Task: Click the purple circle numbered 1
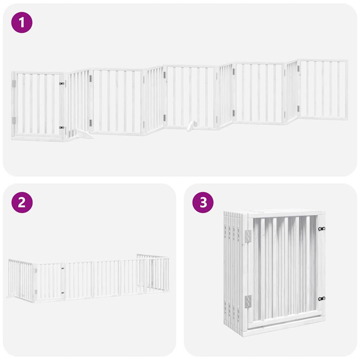[x=22, y=22]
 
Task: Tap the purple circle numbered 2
[x=22, y=202]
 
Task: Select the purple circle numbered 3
[x=203, y=202]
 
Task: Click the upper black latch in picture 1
[x=62, y=84]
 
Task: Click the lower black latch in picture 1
[x=62, y=128]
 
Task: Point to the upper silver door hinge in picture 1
[x=14, y=84]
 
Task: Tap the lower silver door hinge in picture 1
[x=14, y=121]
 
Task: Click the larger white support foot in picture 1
[x=83, y=134]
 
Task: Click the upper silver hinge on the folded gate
[x=248, y=236]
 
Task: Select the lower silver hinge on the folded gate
[x=248, y=301]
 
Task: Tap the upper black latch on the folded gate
[x=322, y=229]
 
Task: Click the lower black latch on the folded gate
[x=322, y=298]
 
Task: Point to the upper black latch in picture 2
[x=63, y=269]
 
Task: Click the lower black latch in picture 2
[x=63, y=292]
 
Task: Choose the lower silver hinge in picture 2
[x=36, y=291]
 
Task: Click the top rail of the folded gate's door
[x=285, y=214]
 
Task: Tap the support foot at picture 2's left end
[x=11, y=296]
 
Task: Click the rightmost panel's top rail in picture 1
[x=323, y=60]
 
